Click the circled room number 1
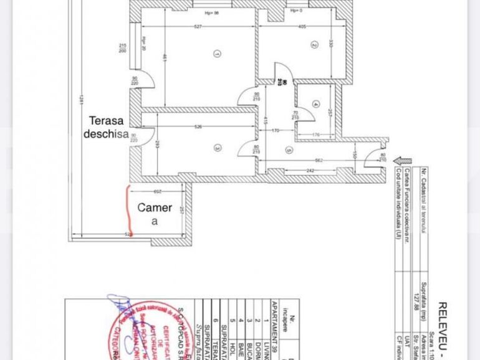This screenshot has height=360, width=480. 216,54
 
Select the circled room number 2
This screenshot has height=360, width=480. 315,44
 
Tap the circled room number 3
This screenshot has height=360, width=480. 217,148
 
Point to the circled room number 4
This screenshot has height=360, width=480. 317,103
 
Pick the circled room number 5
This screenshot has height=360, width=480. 289,149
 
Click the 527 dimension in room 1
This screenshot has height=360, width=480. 198,27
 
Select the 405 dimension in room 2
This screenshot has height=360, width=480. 302,27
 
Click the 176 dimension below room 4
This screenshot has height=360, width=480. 316,135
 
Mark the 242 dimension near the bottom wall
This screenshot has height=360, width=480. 309,171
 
